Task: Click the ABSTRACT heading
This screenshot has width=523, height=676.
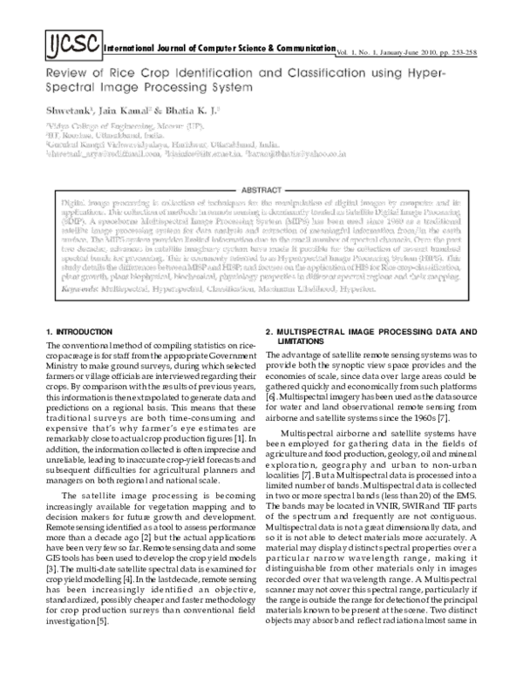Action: click(260, 188)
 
